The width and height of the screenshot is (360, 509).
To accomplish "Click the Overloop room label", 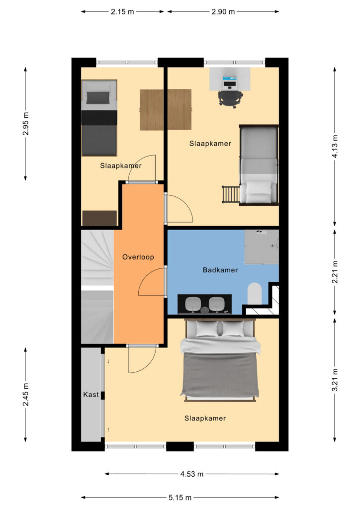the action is click(138, 257).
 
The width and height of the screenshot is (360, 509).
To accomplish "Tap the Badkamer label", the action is click(220, 270).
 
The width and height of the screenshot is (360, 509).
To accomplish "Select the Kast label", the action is click(90, 394).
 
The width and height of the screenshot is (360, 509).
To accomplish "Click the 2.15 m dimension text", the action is click(122, 12).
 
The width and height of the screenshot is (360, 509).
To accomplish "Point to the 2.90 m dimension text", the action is click(223, 12).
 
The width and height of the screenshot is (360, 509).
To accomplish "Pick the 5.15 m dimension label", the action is click(180, 497).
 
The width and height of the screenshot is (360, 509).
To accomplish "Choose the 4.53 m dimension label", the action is click(192, 474).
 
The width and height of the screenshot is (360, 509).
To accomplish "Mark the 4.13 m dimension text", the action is click(335, 147).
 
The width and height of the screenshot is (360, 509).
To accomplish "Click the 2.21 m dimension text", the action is click(335, 272).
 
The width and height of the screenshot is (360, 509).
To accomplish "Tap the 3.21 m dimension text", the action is click(335, 380).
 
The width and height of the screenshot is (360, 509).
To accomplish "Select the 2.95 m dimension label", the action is click(26, 124).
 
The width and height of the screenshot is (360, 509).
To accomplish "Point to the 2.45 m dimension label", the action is click(26, 394).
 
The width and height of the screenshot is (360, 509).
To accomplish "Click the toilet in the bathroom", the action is click(255, 293).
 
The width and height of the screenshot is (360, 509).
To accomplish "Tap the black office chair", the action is click(231, 99).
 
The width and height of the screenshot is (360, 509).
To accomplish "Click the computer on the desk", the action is click(230, 83).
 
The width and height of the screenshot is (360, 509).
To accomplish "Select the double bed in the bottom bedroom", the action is click(220, 360).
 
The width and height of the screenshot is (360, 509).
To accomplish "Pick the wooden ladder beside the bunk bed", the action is click(231, 194).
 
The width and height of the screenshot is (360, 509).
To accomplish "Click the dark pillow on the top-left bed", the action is click(98, 97).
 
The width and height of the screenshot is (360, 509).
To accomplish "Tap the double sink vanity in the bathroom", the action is click(204, 305).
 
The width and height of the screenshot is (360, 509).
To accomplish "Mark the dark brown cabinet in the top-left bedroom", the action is click(99, 218).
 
